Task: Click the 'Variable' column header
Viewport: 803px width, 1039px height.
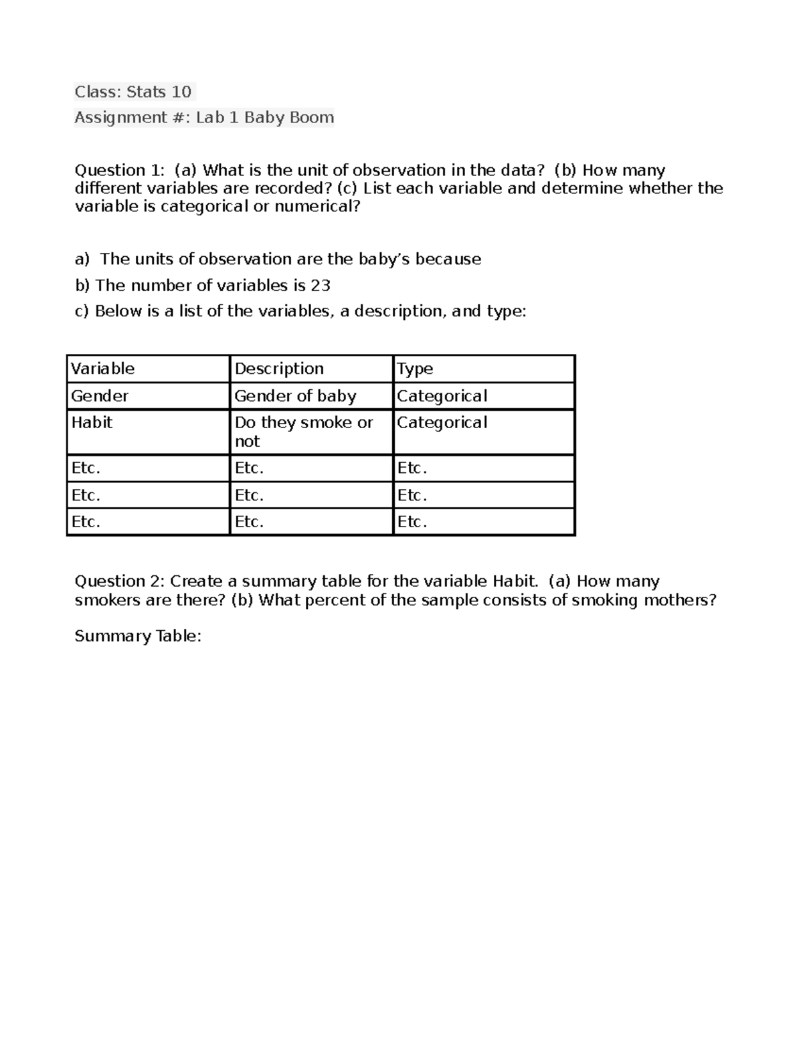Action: (102, 369)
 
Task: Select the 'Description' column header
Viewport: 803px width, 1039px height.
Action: (279, 369)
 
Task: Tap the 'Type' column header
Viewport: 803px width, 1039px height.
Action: (415, 369)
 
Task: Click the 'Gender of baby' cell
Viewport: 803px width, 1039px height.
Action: (295, 396)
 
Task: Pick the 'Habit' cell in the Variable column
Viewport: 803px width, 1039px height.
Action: (92, 423)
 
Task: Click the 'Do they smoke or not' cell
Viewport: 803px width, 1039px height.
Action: (303, 432)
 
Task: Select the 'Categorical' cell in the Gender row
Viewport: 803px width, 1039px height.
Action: (442, 396)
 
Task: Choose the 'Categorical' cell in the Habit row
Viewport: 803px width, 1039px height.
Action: (442, 423)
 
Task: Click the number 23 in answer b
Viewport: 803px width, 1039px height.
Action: (321, 286)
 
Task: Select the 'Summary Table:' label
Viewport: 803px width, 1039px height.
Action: (138, 636)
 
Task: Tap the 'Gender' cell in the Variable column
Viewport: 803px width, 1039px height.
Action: (100, 396)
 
